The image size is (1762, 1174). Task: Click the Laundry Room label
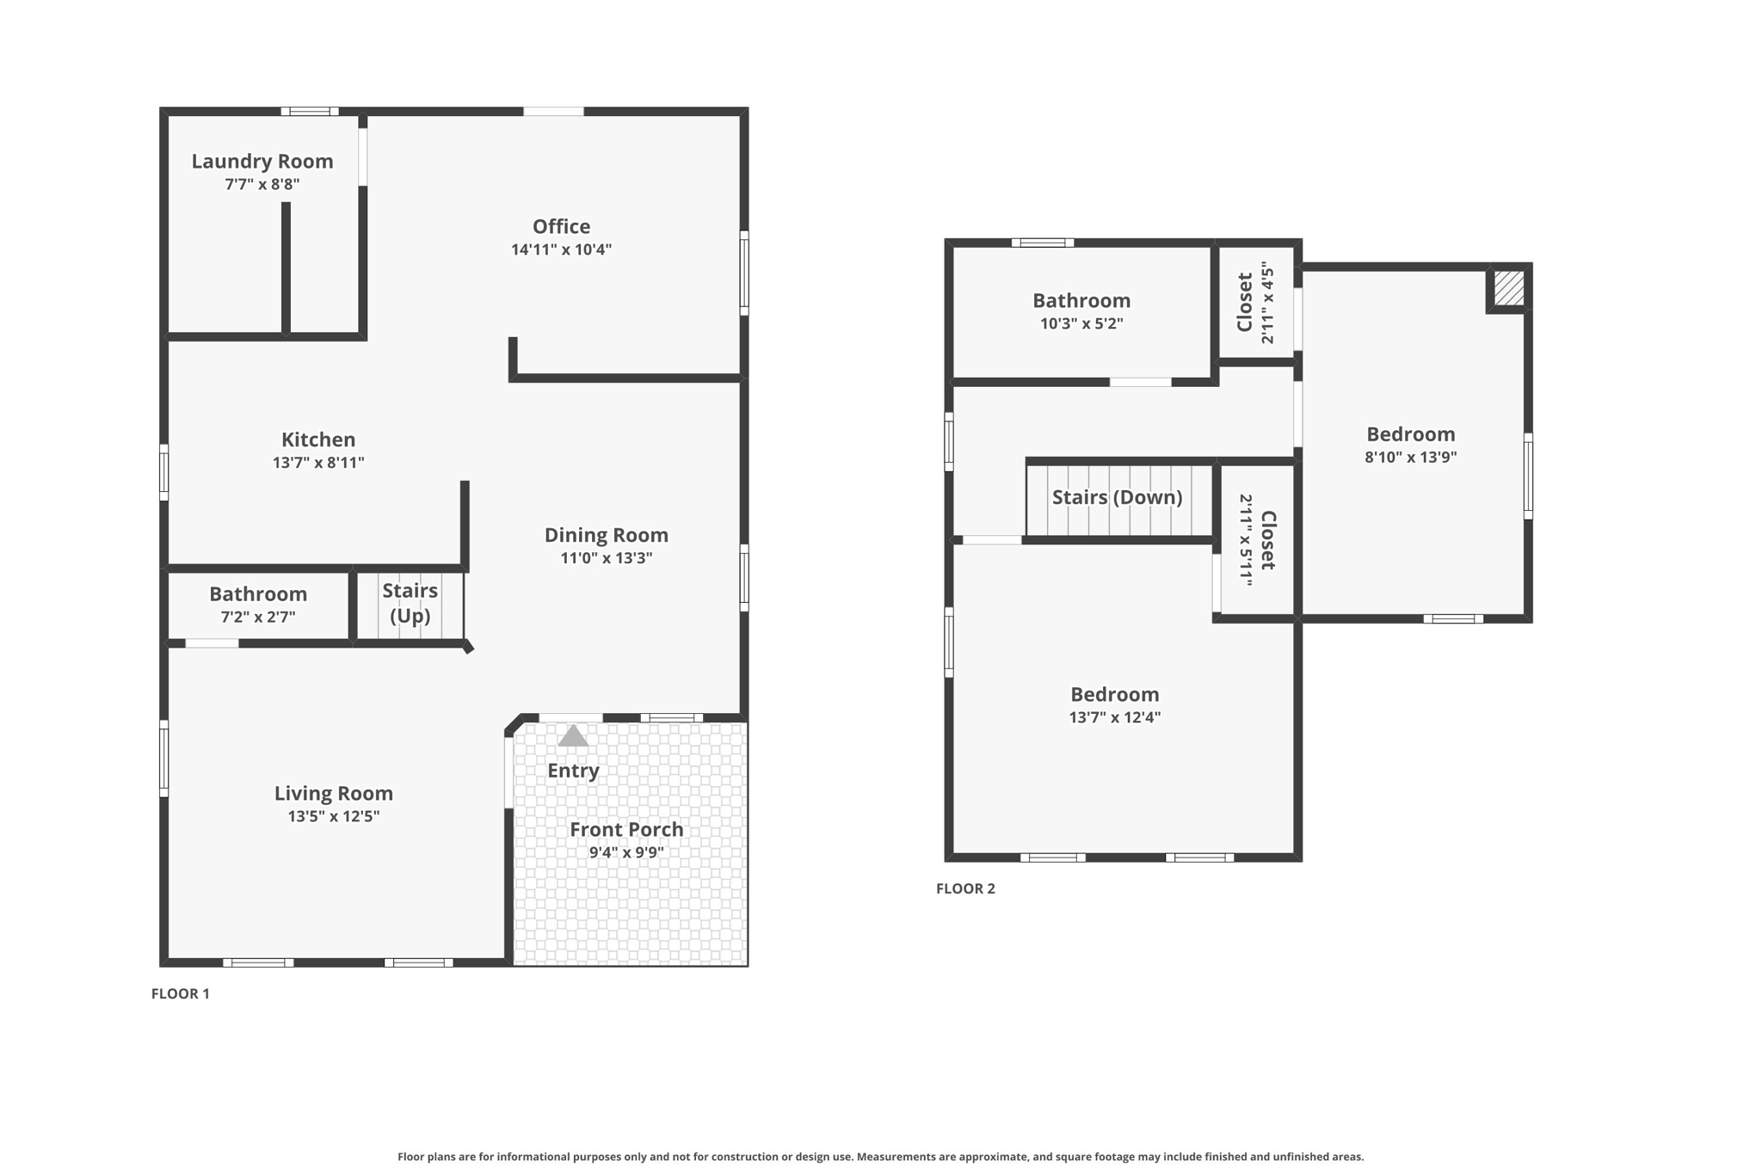coord(262,161)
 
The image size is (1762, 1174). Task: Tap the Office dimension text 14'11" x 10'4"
coord(561,249)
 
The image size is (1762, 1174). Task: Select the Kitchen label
coord(318,439)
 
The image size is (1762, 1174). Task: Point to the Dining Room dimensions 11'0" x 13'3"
coord(607,558)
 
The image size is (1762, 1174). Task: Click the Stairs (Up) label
coord(410,603)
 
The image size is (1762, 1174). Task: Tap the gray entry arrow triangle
coord(573,736)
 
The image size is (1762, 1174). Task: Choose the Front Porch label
coord(626,829)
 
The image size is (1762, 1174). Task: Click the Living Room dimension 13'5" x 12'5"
coord(334,816)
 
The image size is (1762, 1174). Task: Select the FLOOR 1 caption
coord(181,993)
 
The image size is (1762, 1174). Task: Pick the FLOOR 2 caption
coord(965,888)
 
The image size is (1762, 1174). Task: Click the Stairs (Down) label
coord(1117,497)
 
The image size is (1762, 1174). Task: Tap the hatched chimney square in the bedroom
coord(1508,287)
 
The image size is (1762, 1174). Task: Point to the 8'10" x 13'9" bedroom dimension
coord(1410,458)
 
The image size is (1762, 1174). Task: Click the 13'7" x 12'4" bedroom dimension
coord(1114,717)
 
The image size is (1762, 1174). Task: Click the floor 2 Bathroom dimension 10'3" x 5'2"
coord(1081,323)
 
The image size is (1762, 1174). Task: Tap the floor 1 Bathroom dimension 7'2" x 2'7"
coord(258,617)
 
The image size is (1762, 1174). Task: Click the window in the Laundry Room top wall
coord(310,111)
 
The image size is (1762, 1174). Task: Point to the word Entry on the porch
coord(573,771)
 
